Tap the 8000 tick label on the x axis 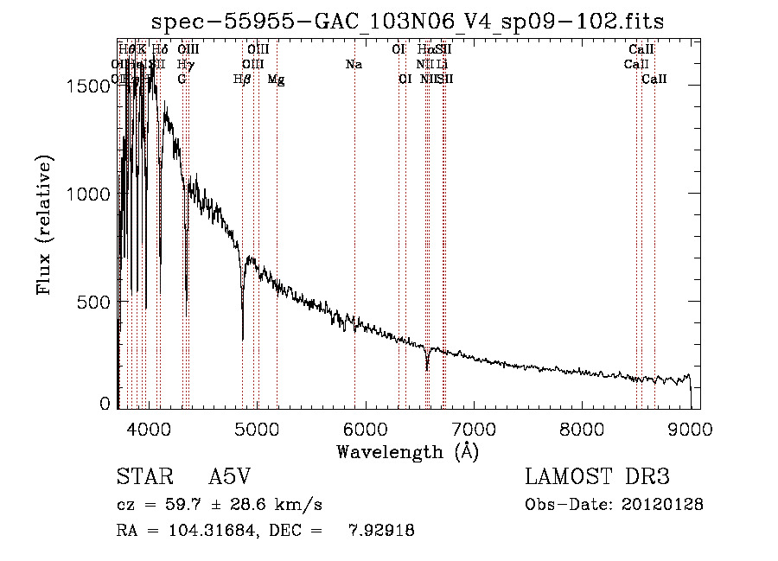tap(582, 428)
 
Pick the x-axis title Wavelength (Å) tap(407, 451)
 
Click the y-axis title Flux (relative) tap(45, 225)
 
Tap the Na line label tap(353, 64)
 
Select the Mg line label tap(276, 80)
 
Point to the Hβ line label tap(243, 80)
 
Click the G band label tap(182, 80)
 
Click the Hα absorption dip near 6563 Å tap(427, 367)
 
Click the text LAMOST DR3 tap(597, 478)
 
